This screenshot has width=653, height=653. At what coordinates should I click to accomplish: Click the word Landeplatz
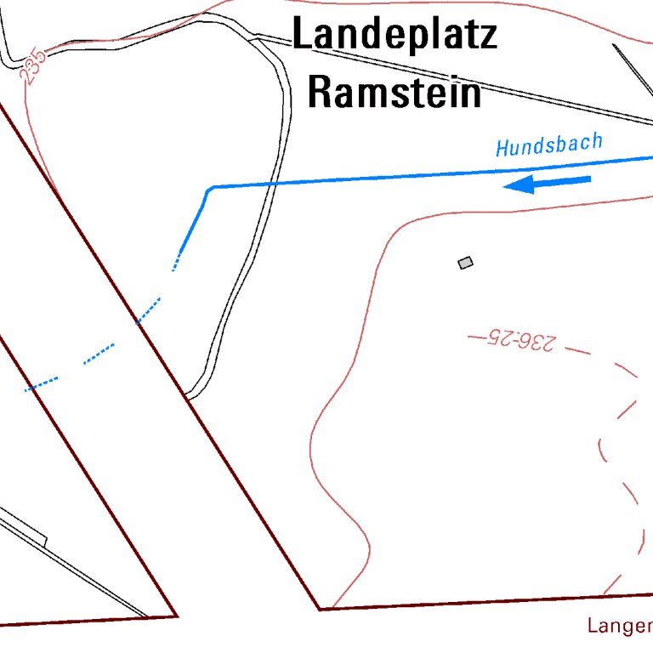pos(395,36)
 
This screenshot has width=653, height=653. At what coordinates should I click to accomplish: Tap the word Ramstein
pos(395,92)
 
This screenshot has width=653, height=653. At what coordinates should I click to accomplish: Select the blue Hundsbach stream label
pos(549,145)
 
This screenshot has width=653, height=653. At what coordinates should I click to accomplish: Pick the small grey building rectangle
pos(465,263)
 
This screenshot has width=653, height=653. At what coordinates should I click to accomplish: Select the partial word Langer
pos(618,627)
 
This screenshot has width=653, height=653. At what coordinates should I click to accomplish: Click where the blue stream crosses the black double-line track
pos(273,184)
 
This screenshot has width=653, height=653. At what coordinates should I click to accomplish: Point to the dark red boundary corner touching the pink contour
pos(321,609)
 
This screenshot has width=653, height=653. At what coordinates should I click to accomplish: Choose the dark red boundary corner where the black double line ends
pos(176,615)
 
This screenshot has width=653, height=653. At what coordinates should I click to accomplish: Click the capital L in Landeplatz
pos(301,36)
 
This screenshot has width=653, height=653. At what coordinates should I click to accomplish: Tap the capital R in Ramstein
pos(319,92)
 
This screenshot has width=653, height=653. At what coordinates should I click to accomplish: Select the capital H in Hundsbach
pos(503,149)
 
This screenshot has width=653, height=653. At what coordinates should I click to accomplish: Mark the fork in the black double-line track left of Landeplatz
pos(254,36)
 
